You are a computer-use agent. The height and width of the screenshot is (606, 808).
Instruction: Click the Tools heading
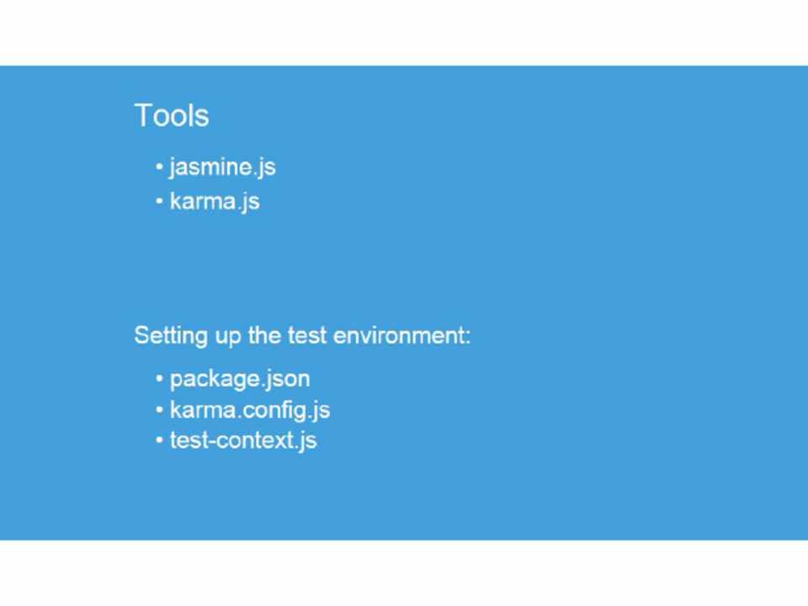[x=172, y=115]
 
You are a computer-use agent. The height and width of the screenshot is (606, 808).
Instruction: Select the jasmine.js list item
[x=222, y=167]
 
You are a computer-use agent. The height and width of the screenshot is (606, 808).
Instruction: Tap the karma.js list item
[x=215, y=201]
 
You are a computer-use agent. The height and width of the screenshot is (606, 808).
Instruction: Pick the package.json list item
[x=240, y=380]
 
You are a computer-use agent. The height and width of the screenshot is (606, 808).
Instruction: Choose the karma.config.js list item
[x=250, y=411]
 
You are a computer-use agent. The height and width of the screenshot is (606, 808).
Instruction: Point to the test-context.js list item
[x=243, y=441]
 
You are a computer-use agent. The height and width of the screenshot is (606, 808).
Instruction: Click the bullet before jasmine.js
[x=159, y=167]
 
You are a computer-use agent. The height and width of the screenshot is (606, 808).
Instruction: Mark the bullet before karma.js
[x=159, y=201]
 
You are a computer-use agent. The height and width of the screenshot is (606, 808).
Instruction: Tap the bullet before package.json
[x=159, y=379]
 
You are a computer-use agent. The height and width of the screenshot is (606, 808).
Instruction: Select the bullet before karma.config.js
[x=159, y=410]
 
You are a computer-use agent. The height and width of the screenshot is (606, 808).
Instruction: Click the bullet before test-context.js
[x=159, y=440]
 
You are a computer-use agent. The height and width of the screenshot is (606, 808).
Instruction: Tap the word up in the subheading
[x=228, y=338]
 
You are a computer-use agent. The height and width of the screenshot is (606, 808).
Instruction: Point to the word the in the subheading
[x=264, y=336]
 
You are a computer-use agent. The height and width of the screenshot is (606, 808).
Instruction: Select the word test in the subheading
[x=307, y=336]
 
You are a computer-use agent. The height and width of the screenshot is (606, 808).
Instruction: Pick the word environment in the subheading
[x=398, y=336]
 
